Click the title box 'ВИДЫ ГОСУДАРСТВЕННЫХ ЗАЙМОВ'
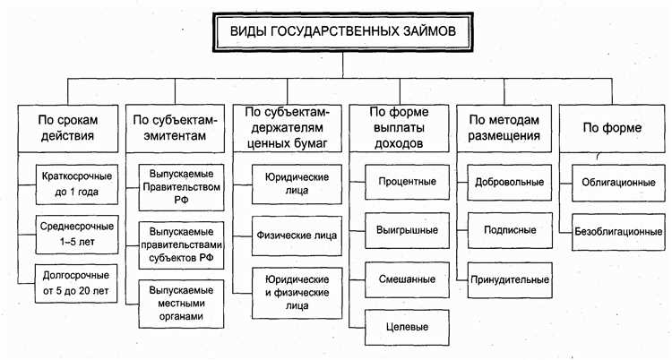(x=336, y=32)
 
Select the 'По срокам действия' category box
(x=67, y=128)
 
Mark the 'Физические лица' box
(x=289, y=236)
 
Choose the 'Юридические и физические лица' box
(x=289, y=288)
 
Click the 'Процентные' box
(x=401, y=182)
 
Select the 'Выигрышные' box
(x=401, y=230)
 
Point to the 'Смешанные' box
(x=401, y=279)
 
